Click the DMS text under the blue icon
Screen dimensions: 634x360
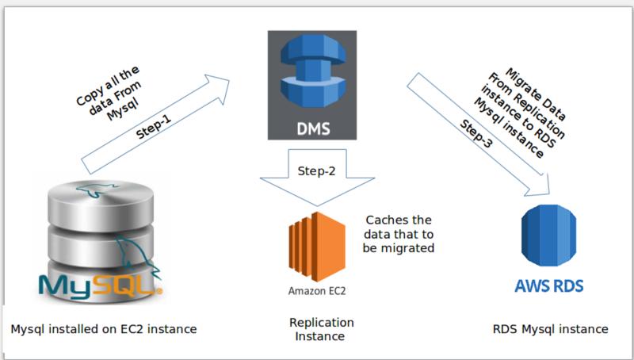pos(313,128)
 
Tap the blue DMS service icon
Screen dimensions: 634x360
pos(313,71)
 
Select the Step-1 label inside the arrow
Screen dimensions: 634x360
pos(154,126)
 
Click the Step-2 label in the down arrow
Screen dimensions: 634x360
pos(316,171)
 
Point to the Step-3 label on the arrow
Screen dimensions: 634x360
pos(476,133)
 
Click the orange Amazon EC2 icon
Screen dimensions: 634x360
pos(317,247)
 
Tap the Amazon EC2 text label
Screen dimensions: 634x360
pos(317,291)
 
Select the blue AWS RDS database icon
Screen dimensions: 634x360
pos(548,236)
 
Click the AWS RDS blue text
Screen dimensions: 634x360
pos(548,286)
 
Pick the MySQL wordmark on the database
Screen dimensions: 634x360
pos(101,285)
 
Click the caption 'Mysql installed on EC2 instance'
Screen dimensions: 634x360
pos(104,329)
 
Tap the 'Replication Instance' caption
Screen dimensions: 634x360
pos(321,329)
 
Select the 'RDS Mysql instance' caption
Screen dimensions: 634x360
pos(550,329)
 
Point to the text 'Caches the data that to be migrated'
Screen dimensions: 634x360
pos(399,234)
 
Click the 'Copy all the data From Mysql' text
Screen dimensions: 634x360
pos(109,93)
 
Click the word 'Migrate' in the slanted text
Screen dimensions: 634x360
pos(521,83)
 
